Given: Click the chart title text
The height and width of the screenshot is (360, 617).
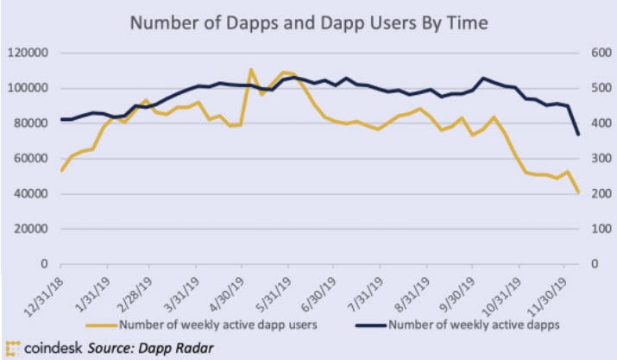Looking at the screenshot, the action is (x=309, y=22).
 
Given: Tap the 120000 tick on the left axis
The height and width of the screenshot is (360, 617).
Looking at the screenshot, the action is (x=28, y=53).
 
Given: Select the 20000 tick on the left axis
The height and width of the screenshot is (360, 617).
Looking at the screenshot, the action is (x=31, y=229).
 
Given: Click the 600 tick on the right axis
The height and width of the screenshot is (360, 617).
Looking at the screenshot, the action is (x=601, y=53).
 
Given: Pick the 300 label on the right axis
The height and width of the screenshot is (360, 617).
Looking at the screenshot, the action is (x=601, y=158).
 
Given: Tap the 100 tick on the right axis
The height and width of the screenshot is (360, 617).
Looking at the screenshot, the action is (x=601, y=229).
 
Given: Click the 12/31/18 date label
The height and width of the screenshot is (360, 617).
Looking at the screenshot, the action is (x=43, y=296).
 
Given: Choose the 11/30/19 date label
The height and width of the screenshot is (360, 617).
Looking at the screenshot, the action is (x=546, y=296).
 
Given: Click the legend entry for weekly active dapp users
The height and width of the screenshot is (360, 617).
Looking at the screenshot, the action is (x=201, y=325).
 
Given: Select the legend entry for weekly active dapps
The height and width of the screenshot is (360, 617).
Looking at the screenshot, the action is (x=457, y=325).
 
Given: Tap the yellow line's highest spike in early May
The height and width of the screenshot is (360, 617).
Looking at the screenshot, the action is (x=250, y=70).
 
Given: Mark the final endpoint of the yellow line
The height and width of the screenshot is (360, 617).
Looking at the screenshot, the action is (x=578, y=192).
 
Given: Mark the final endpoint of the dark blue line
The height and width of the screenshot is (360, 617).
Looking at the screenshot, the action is (x=578, y=135).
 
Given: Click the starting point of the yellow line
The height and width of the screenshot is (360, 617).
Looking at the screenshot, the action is (x=61, y=171).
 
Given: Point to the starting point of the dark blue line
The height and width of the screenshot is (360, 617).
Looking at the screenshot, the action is (x=61, y=119).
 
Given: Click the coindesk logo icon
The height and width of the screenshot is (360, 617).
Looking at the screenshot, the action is (x=12, y=349).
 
